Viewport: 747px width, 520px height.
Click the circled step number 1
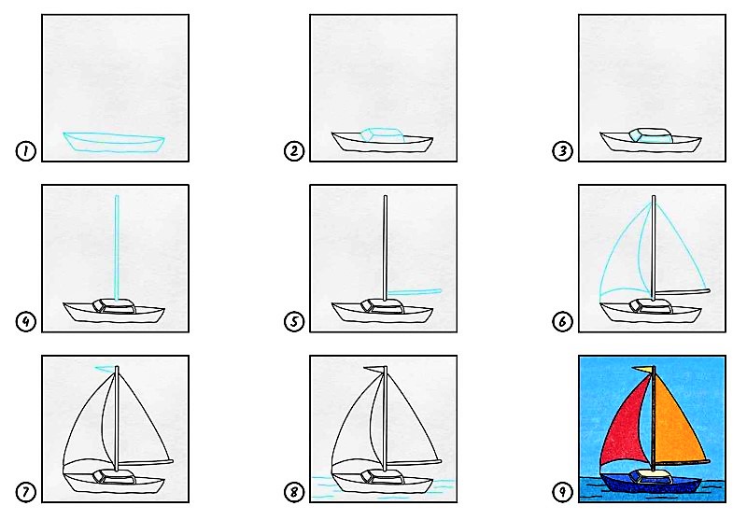click(x=26, y=151)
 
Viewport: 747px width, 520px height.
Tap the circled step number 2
click(x=294, y=151)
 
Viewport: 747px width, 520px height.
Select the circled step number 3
click(x=563, y=151)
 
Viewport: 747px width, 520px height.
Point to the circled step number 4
click(x=26, y=322)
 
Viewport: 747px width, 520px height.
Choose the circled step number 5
click(x=294, y=322)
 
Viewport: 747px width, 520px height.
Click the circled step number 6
click(x=563, y=322)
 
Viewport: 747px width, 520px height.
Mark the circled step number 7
click(x=26, y=492)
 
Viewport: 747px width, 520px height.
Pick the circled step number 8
click(x=294, y=492)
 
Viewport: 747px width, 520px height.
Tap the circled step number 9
click(x=563, y=492)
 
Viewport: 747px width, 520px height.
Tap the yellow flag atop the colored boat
click(x=642, y=370)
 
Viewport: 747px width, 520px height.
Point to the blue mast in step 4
click(x=116, y=247)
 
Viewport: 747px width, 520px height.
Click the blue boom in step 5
click(x=414, y=291)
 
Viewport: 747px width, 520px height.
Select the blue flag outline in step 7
click(x=106, y=368)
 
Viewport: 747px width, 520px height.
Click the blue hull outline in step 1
click(x=114, y=143)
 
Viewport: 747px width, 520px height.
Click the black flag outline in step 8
click(x=374, y=369)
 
